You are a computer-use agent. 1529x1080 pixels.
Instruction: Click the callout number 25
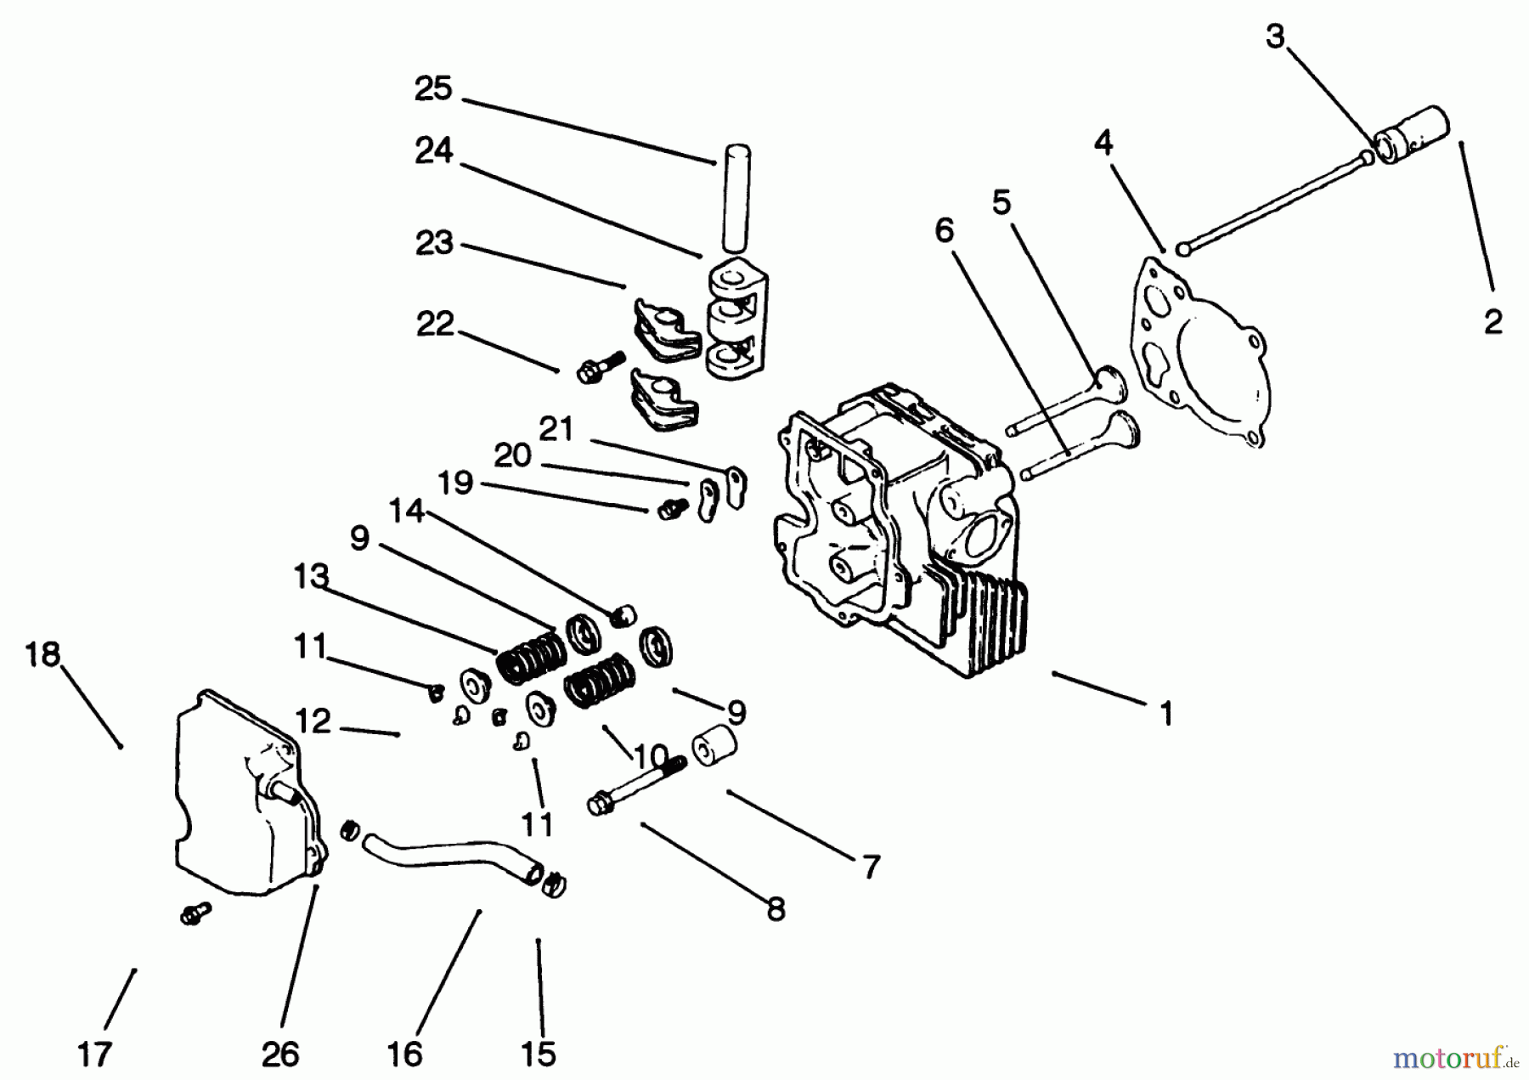coord(433,89)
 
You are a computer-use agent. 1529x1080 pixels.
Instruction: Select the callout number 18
coord(42,654)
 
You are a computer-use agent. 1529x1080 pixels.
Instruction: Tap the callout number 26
coord(280,1055)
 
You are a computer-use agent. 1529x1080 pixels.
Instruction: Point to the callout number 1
coord(1167,713)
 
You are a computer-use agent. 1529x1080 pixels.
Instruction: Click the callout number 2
coord(1493,322)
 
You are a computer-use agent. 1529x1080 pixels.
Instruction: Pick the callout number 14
coord(406,511)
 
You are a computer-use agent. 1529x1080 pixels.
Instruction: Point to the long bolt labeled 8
coord(637,786)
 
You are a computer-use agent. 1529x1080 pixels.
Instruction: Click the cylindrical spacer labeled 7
coord(713,748)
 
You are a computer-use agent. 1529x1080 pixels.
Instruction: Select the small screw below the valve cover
coord(195,914)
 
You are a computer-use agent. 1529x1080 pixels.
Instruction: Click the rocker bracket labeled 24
coord(736,319)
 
